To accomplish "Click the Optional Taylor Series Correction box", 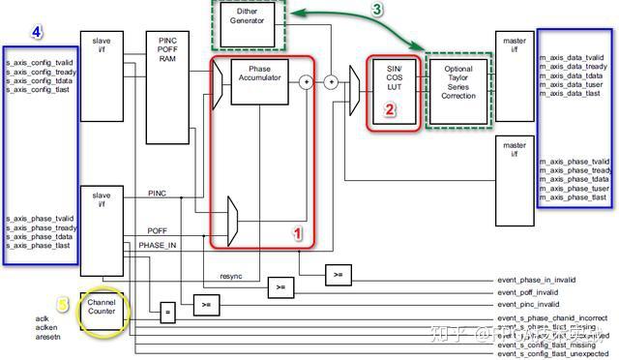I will [x=457, y=83].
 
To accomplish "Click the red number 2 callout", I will [x=391, y=110].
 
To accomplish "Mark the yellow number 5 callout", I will [x=62, y=305].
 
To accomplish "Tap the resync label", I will [x=231, y=276].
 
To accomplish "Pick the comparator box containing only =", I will [x=167, y=314].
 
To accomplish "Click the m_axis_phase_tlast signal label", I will [x=572, y=196].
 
